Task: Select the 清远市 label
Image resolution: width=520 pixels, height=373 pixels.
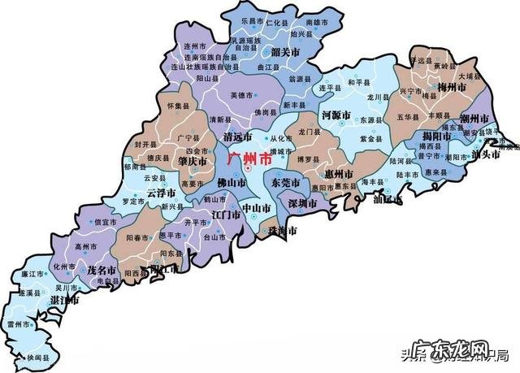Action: (x=237, y=137)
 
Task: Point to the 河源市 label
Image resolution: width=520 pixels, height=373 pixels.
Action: (x=337, y=115)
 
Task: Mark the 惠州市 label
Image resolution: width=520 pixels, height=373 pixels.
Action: (x=337, y=174)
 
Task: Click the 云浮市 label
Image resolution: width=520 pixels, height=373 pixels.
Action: (x=162, y=193)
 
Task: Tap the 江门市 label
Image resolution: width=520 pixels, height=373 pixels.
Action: (x=224, y=215)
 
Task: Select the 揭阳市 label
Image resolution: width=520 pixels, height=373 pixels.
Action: (x=436, y=135)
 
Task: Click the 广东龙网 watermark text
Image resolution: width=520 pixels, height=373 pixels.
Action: (x=461, y=350)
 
